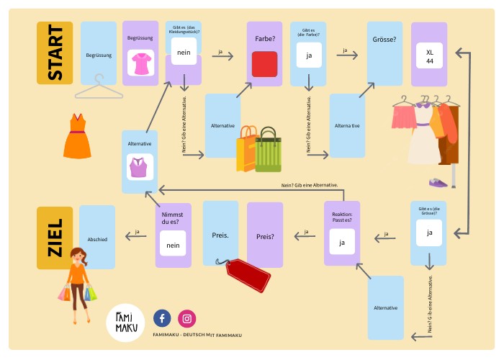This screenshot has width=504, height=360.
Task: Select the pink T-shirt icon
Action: tap(140, 63)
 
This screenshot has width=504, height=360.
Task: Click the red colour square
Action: tap(264, 63)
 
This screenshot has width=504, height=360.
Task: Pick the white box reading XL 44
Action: tap(430, 56)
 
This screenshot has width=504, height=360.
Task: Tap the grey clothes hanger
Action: tap(99, 90)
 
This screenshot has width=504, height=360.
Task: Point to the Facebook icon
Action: tap(162, 318)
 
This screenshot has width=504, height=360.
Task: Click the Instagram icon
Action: tap(187, 318)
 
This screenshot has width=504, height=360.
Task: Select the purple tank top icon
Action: tap(140, 167)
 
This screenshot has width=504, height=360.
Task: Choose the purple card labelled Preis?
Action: tap(265, 235)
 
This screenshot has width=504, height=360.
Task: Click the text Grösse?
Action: tap(385, 40)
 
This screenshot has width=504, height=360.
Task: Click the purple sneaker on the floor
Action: tap(438, 182)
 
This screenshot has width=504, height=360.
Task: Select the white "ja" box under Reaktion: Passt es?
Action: tap(342, 243)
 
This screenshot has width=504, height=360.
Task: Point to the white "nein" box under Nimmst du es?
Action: tap(174, 245)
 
